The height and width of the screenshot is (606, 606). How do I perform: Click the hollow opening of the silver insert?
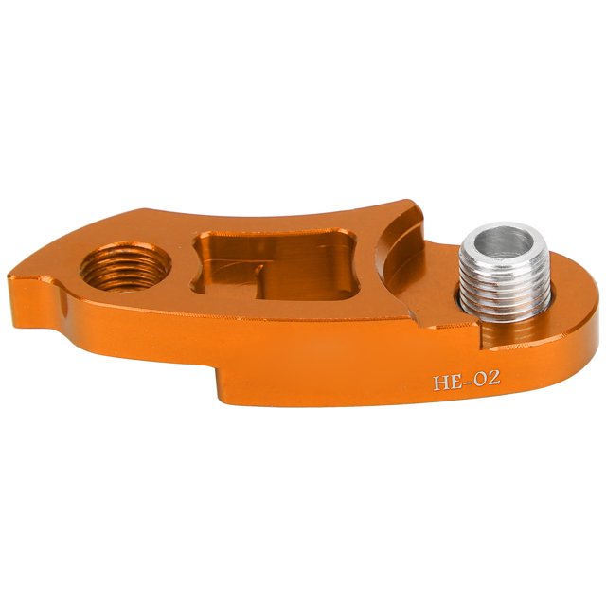(504, 242)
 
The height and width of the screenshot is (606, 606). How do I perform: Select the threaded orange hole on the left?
(126, 267)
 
